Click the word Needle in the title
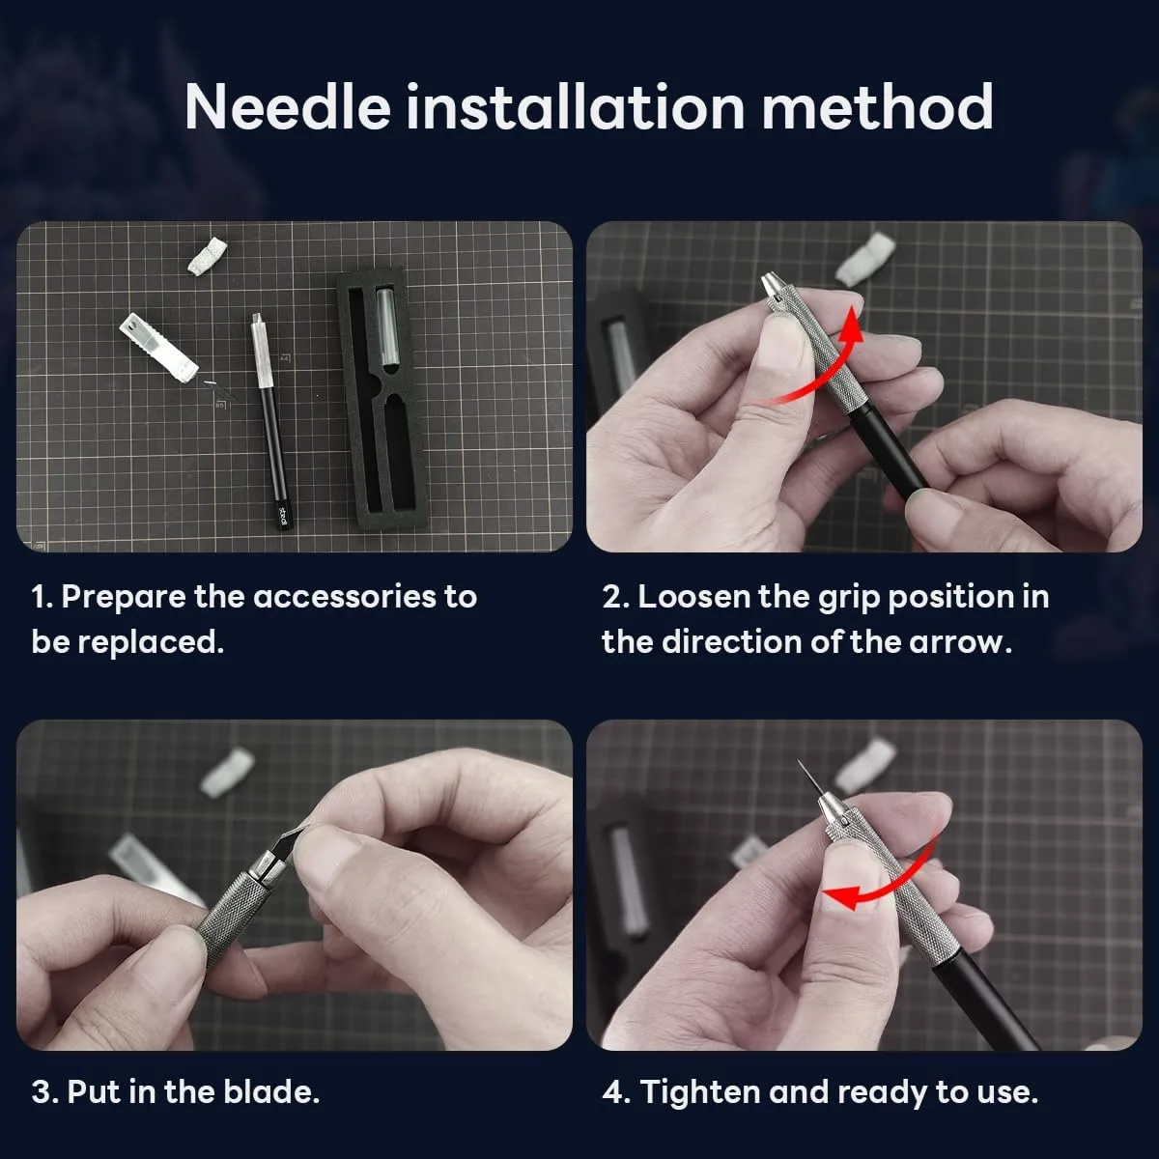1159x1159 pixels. click(288, 107)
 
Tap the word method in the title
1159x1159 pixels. click(878, 107)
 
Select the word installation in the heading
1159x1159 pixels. click(577, 106)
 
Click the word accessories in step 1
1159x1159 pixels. click(345, 597)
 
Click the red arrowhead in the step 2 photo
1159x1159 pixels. click(850, 325)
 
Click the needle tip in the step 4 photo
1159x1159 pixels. click(800, 761)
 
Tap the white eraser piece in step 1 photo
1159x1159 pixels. click(208, 256)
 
